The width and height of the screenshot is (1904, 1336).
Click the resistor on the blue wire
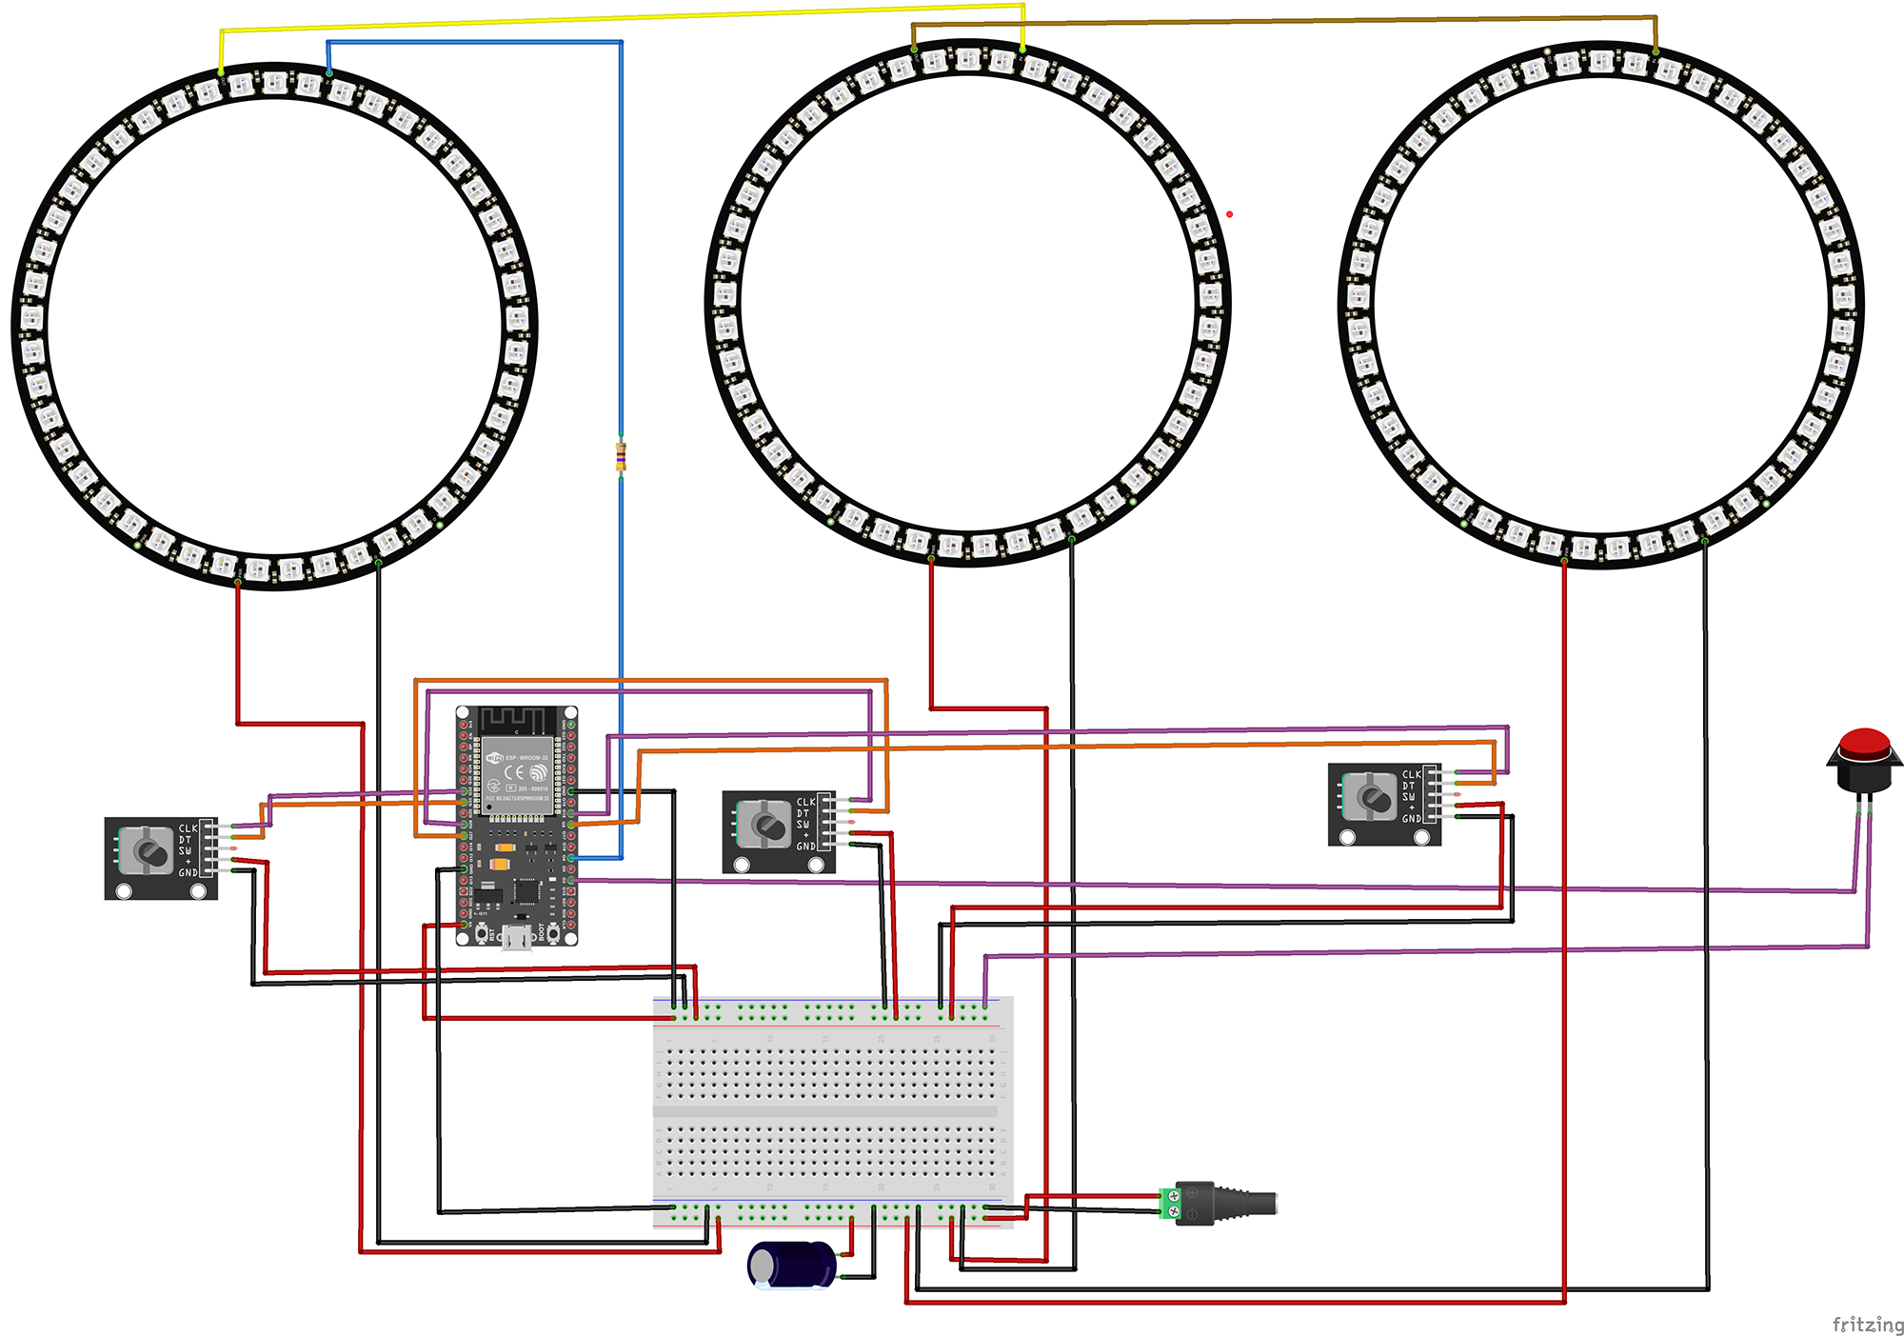[621, 457]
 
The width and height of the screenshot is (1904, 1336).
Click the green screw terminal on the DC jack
[1170, 1203]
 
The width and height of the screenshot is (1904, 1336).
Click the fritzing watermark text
[1867, 1324]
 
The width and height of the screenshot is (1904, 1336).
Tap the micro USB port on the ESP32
[517, 938]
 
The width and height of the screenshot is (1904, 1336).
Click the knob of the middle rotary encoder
[767, 824]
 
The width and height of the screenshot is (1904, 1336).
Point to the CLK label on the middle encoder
[805, 802]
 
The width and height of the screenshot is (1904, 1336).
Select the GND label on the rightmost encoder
[1411, 818]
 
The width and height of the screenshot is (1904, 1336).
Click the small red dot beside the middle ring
[1229, 214]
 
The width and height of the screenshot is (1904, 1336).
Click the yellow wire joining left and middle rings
[619, 17]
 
